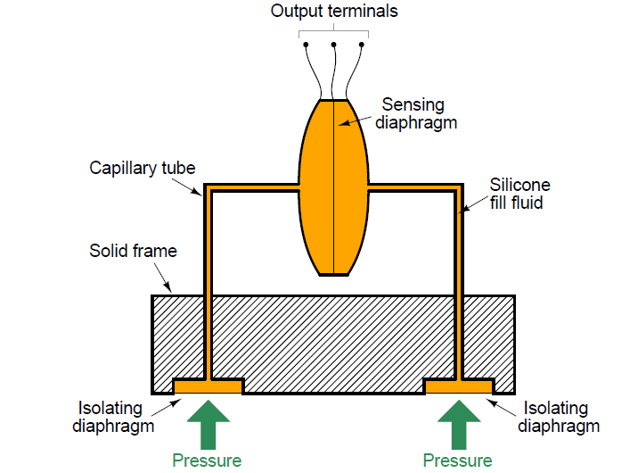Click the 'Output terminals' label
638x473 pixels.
tap(334, 12)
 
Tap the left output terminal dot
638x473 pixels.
tap(307, 45)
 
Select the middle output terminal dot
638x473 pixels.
tap(334, 45)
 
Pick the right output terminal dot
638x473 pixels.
tap(362, 45)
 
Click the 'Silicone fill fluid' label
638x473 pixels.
tap(519, 194)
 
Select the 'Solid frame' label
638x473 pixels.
tap(133, 251)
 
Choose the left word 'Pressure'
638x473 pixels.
tap(207, 461)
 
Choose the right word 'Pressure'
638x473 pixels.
tap(457, 461)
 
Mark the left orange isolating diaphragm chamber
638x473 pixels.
tap(208, 386)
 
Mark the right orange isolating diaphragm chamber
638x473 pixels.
tap(458, 386)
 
